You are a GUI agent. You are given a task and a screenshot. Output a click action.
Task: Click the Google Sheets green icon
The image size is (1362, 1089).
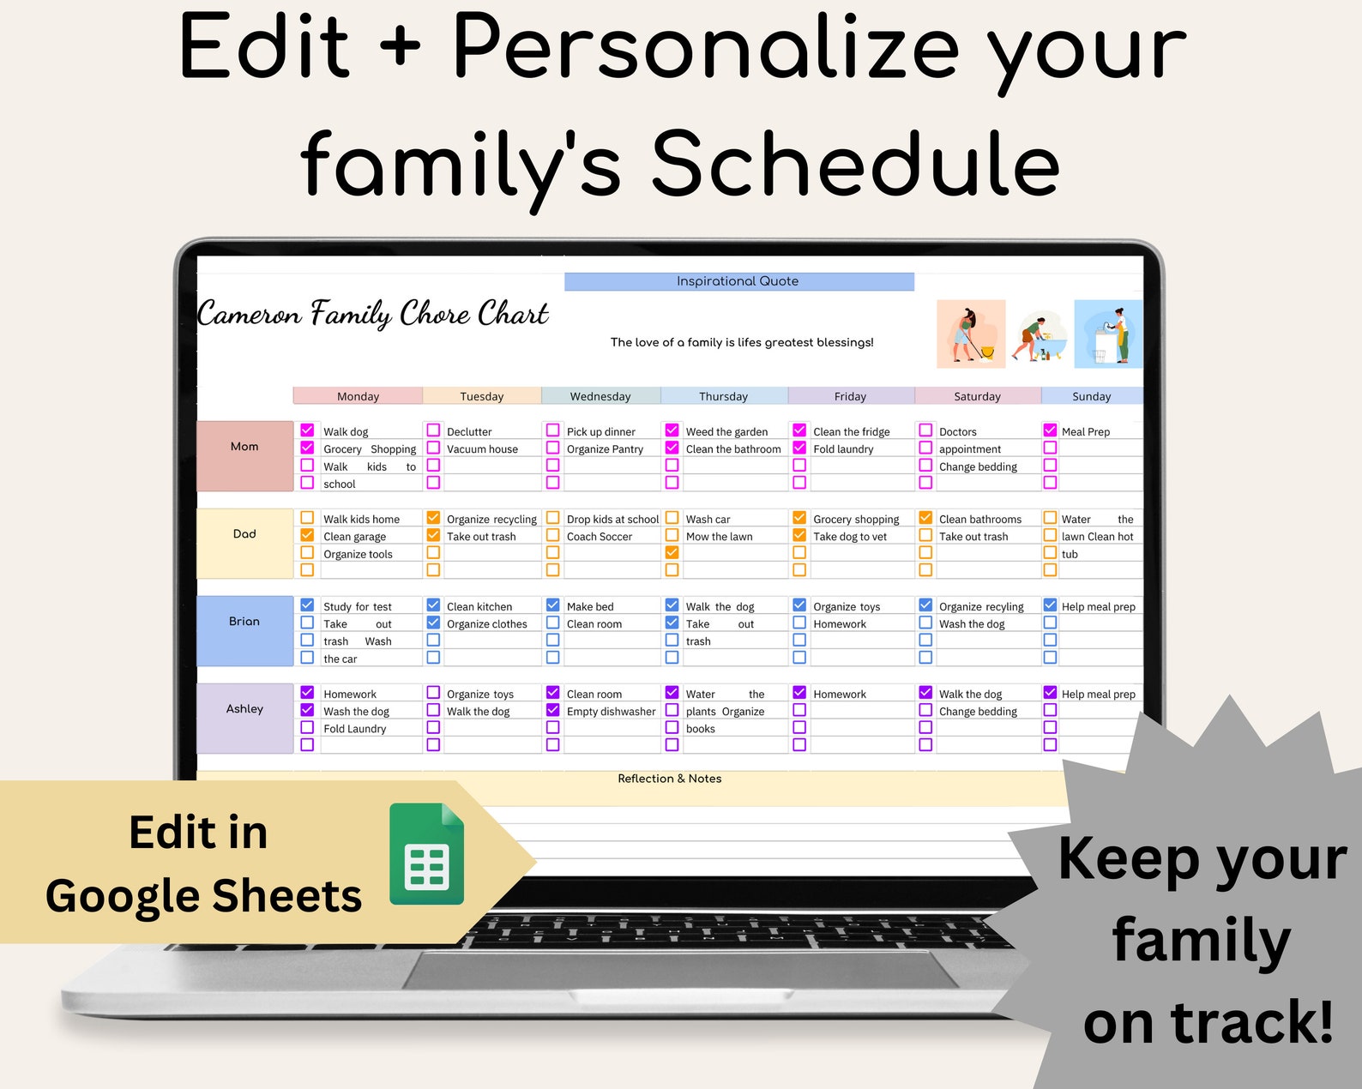point(426,854)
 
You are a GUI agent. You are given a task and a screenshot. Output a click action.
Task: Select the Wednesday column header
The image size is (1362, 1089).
point(600,396)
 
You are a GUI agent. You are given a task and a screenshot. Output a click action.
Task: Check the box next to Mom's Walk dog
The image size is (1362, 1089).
point(307,430)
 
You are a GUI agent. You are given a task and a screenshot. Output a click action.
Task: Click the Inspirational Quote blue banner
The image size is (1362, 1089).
point(738,281)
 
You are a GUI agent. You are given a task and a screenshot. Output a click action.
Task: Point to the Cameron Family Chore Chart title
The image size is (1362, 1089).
point(373,314)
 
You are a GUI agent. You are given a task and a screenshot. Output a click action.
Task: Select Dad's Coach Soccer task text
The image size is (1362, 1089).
point(599,537)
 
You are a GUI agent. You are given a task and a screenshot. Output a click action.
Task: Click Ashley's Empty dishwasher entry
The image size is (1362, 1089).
point(611,712)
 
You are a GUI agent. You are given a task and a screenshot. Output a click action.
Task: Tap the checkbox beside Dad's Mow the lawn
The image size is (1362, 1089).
point(672,535)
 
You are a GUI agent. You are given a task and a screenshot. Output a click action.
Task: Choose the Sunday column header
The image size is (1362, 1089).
point(1091,396)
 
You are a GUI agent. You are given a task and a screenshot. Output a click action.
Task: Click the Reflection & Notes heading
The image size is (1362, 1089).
point(669,779)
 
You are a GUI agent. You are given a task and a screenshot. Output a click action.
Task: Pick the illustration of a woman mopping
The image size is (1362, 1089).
point(970,334)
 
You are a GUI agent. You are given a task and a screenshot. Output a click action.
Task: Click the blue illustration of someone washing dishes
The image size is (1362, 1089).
point(1108,334)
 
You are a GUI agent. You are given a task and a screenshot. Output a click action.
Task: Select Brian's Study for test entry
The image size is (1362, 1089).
point(357,607)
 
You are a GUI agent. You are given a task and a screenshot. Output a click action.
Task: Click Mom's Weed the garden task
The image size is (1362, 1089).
point(726,432)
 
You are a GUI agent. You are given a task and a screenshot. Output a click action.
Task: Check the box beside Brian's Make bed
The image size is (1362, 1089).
point(552,605)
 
